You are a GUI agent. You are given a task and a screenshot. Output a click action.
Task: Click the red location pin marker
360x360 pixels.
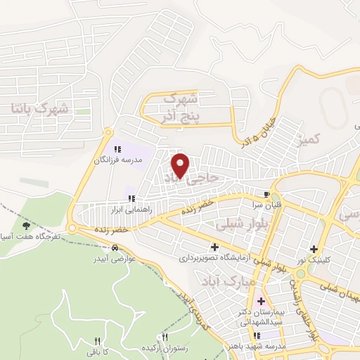pos(181,165)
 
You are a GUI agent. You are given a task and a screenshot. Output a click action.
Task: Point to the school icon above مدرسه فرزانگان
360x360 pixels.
pos(118,149)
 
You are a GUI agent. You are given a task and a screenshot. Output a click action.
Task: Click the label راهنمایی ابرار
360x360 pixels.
pos(125,210)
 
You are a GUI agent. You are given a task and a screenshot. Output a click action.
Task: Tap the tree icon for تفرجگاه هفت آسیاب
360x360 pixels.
pos(27,226)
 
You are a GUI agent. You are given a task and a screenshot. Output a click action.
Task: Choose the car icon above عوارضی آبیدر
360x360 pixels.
pos(114,247)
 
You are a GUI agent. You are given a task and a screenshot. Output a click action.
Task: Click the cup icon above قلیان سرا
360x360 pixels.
pos(266,194)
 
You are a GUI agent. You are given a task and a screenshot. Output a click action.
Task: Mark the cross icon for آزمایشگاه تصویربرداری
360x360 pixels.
pos(214,247)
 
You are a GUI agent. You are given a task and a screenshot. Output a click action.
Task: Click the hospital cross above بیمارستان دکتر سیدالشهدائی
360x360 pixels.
pos(261,300)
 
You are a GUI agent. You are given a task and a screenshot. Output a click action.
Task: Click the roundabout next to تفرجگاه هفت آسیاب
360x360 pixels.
pos(72,229)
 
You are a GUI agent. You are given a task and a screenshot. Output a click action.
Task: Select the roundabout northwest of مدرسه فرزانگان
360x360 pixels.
pos(108,131)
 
